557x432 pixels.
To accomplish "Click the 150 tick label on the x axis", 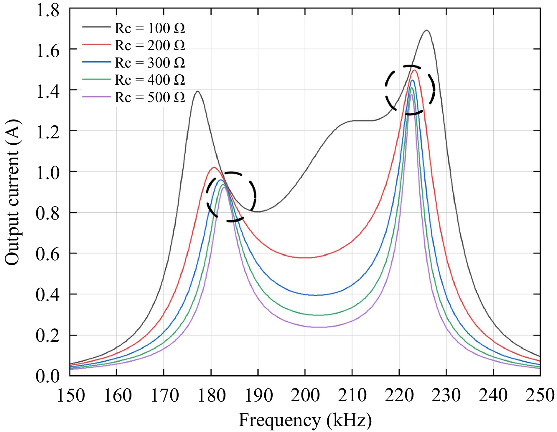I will [x=71, y=395].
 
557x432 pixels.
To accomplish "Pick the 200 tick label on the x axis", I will [x=305, y=395].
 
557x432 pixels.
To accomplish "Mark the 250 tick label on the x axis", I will [x=540, y=395].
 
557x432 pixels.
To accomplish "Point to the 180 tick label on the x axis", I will [x=211, y=395].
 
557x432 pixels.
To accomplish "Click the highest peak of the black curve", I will [x=426, y=30].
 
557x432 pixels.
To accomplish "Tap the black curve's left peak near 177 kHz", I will [x=197, y=91].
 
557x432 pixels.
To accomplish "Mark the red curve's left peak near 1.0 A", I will [x=214, y=168].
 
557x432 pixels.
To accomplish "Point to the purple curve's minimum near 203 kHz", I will [x=319, y=327].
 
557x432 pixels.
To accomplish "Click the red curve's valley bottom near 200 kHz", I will [x=306, y=258].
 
